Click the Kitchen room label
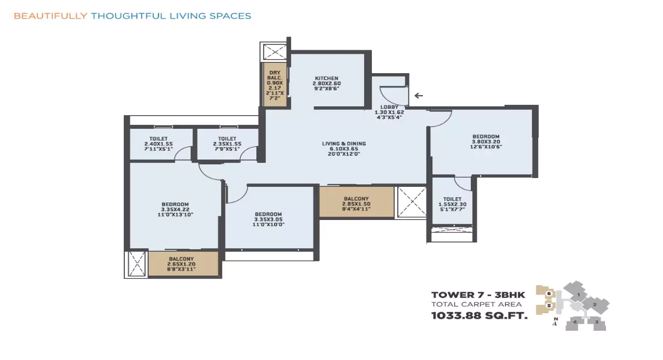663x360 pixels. click(x=326, y=79)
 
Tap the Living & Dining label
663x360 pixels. click(x=344, y=143)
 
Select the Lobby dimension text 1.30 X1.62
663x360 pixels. click(x=389, y=112)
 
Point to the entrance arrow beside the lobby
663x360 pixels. click(x=418, y=96)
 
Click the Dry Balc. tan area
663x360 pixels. click(x=275, y=85)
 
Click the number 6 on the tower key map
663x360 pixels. click(x=548, y=294)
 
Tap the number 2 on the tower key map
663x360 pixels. click(x=594, y=305)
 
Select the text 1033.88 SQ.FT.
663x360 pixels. click(x=479, y=316)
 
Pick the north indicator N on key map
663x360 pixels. click(x=555, y=319)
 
